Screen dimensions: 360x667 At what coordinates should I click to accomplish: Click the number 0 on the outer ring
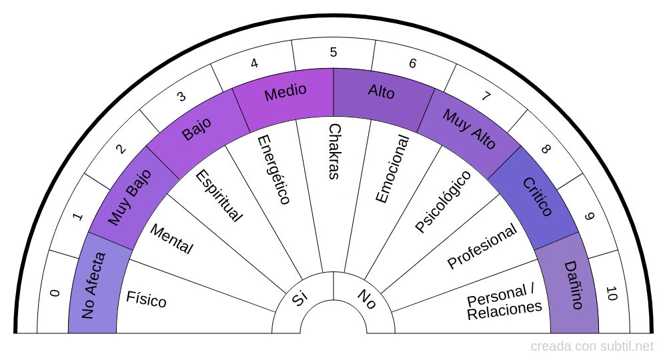tap(55, 293)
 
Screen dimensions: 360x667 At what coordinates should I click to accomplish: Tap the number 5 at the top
tap(333, 52)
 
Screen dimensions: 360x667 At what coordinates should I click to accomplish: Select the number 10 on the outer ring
tap(612, 293)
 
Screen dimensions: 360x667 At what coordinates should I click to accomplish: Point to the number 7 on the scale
tap(486, 96)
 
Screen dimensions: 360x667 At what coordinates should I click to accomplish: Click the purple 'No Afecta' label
tap(93, 285)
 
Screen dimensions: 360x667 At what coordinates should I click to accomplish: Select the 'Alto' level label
tap(382, 91)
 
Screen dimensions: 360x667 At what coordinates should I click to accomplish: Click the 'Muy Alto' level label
tap(469, 129)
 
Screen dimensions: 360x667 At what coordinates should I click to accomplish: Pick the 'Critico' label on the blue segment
tap(538, 197)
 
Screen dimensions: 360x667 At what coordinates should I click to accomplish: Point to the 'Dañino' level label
tap(574, 285)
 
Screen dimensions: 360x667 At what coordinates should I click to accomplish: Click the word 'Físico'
tap(146, 299)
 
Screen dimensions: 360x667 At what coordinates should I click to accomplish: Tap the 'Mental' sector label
tap(171, 239)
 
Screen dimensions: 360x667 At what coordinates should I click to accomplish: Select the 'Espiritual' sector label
tap(218, 195)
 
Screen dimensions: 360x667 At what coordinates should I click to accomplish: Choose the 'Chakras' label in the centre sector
tap(334, 151)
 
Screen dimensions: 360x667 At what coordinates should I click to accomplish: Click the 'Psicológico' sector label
tap(443, 201)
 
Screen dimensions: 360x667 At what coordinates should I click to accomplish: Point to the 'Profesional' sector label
tap(482, 246)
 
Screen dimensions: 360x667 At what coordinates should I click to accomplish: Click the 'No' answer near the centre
tap(366, 299)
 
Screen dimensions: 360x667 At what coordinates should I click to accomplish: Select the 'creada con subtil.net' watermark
tap(592, 347)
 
